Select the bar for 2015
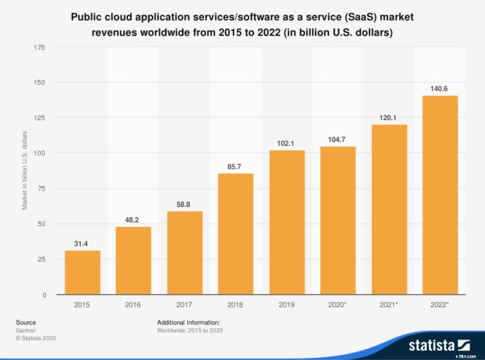(x=82, y=273)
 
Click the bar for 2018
(x=235, y=234)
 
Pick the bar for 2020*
(x=338, y=220)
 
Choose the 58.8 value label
(x=184, y=204)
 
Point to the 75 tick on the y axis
(x=41, y=189)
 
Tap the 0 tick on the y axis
(x=43, y=295)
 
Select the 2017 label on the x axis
(x=184, y=304)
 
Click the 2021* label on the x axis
(x=389, y=304)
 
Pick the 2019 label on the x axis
(x=286, y=304)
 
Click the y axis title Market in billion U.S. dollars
(x=25, y=170)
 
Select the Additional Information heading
(x=189, y=322)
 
